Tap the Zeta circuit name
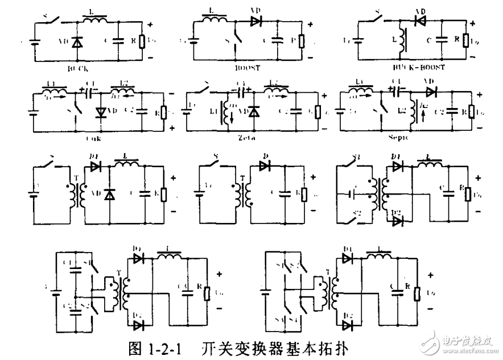(248, 137)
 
